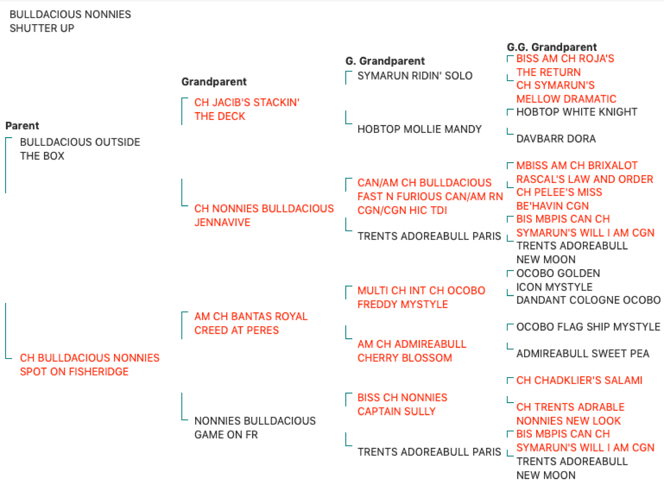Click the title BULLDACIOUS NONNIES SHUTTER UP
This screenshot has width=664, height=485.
pyautogui.click(x=70, y=21)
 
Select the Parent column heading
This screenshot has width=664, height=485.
pyautogui.click(x=22, y=126)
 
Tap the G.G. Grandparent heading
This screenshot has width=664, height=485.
pyautogui.click(x=552, y=47)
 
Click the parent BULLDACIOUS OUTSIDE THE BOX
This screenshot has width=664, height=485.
pyautogui.click(x=80, y=149)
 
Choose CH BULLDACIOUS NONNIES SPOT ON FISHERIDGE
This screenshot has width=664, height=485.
pyautogui.click(x=89, y=365)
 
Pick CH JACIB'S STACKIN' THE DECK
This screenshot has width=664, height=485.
pyautogui.click(x=247, y=109)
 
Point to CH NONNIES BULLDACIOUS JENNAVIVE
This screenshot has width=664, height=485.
pyautogui.click(x=264, y=215)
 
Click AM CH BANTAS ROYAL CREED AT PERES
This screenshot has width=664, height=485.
pyautogui.click(x=251, y=323)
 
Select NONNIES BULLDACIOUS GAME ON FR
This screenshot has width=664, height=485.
pyautogui.click(x=255, y=428)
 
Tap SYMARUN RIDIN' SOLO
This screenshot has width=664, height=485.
pyautogui.click(x=415, y=76)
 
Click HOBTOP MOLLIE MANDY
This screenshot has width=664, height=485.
pyautogui.click(x=419, y=129)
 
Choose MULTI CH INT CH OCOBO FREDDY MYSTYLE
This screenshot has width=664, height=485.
pyautogui.click(x=421, y=297)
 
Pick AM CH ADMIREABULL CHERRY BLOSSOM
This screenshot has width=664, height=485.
pyautogui.click(x=412, y=351)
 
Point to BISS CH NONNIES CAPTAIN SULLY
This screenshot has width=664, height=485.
pyautogui.click(x=402, y=404)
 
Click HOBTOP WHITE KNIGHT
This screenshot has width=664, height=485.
pyautogui.click(x=577, y=112)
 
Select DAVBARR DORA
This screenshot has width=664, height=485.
pyautogui.click(x=556, y=139)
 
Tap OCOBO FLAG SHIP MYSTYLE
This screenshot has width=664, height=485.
pyautogui.click(x=588, y=327)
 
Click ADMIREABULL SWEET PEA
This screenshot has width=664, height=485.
pyautogui.click(x=583, y=353)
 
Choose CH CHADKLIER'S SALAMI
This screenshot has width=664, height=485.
pyautogui.click(x=579, y=380)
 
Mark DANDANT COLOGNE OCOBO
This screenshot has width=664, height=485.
pyautogui.click(x=588, y=300)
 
